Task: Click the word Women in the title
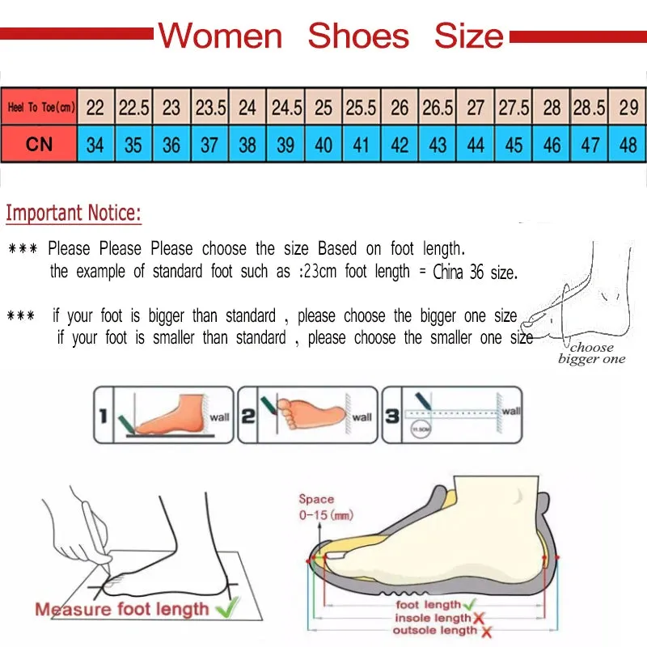tap(220, 36)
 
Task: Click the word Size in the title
tap(468, 36)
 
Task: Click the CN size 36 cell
tap(171, 146)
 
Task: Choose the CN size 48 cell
tap(628, 146)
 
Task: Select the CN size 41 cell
tap(362, 146)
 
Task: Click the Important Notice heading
tap(74, 214)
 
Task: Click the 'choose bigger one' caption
tap(591, 353)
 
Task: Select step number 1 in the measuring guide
tap(103, 417)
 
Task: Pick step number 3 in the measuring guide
tap(391, 417)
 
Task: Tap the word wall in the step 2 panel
tap(362, 417)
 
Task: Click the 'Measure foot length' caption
tap(121, 608)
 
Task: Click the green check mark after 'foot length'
tap(469, 604)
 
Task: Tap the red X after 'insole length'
tap(478, 618)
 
